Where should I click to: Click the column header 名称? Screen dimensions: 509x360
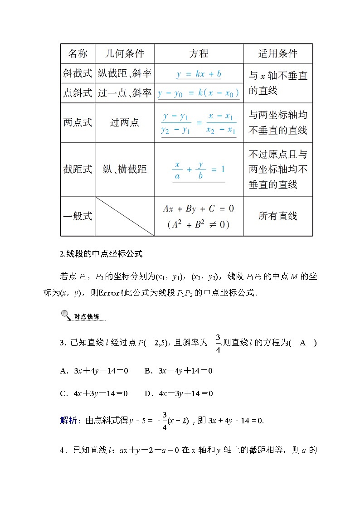coord(78,53)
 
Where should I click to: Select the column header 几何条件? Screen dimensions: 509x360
coord(125,53)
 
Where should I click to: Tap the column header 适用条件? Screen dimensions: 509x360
coord(278,53)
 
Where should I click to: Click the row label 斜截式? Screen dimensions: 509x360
coord(78,73)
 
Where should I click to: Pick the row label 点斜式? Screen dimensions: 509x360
coord(78,93)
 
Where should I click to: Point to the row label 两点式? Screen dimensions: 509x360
coord(78,123)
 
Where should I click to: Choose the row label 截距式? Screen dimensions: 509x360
coord(78,170)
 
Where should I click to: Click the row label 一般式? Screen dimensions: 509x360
coord(78,216)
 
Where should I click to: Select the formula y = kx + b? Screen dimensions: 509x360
coord(199,73)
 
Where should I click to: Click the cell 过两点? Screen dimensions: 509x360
coord(125,123)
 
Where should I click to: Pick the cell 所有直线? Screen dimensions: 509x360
coord(278,216)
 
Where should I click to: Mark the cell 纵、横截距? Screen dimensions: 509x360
coord(125,170)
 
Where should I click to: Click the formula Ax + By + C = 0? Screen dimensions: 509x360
coord(199,209)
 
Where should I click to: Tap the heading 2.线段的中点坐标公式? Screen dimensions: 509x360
coord(101,254)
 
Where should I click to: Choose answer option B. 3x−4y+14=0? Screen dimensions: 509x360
coord(179,371)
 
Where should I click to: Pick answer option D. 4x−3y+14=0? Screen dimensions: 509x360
coord(179,393)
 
